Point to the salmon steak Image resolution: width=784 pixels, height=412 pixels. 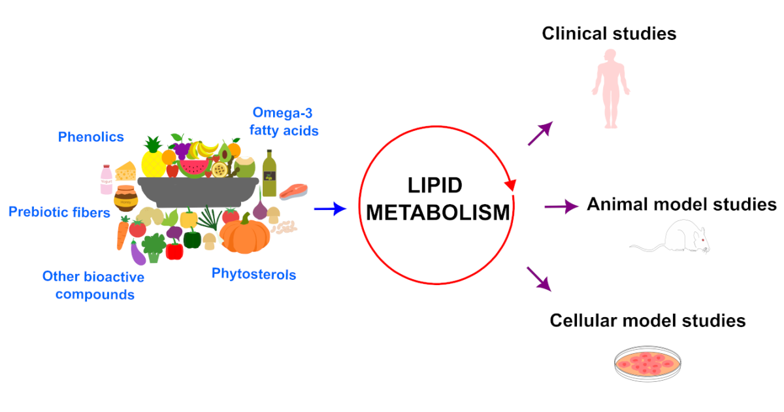point(293,191)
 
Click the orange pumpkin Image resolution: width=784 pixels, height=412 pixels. point(244,234)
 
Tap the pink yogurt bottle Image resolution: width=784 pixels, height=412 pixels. point(106,179)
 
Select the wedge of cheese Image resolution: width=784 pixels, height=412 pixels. point(126,172)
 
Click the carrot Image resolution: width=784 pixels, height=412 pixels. point(122,234)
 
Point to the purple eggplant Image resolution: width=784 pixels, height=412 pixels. point(138,252)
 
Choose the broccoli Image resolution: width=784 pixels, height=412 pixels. point(154,247)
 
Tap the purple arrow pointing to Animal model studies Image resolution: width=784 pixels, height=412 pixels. point(561,207)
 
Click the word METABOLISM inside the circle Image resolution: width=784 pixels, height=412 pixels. point(436,213)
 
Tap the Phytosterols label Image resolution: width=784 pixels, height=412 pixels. point(253,274)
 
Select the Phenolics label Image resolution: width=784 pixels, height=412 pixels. point(91,137)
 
